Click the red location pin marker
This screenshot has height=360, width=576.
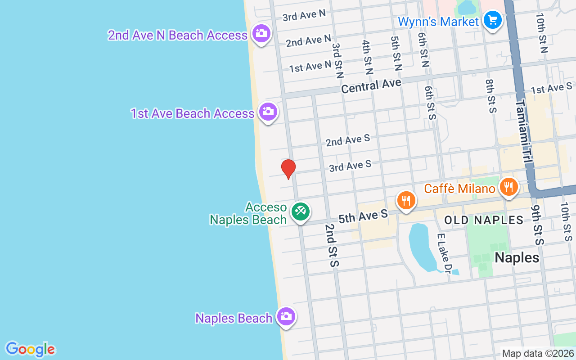coord(288,169)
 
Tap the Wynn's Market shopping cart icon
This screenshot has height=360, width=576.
coord(492,20)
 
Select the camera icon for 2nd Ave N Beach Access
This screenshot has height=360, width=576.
coord(261,33)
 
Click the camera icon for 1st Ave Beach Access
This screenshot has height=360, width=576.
coord(268,111)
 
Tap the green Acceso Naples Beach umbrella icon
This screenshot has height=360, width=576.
coord(300,211)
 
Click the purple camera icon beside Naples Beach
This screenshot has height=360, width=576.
coord(285,316)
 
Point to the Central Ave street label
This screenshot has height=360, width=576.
coord(371,85)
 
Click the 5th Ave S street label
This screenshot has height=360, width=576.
coord(363,216)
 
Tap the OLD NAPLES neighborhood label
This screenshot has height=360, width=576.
coord(484,220)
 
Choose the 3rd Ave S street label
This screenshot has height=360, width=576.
coord(350,166)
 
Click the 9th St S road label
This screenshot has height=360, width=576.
coord(537,225)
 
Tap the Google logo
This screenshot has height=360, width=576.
coord(30,349)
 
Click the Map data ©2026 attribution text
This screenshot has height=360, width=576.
coord(538,354)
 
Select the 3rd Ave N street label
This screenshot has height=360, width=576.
coord(304,15)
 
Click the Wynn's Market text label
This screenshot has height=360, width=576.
coord(438,22)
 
